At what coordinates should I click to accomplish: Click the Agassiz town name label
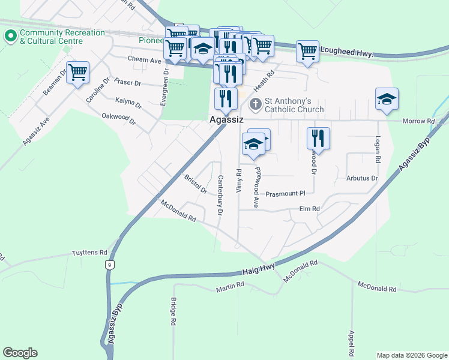tap(226, 120)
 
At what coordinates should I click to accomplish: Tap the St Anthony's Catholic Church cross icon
tap(255, 104)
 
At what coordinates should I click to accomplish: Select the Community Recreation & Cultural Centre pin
tap(10, 36)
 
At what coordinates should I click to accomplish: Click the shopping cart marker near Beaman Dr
tap(77, 73)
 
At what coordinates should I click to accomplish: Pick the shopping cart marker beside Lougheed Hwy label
tap(307, 52)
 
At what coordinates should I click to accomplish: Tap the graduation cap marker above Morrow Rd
tap(387, 100)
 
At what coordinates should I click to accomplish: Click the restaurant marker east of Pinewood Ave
tap(318, 139)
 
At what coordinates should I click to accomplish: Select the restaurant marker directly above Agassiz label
tap(226, 99)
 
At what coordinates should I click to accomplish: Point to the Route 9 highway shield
tap(109, 265)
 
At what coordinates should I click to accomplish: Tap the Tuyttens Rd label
tap(89, 253)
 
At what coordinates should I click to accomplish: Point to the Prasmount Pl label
tap(286, 194)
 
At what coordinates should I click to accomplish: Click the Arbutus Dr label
tap(362, 178)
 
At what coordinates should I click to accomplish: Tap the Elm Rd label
tap(310, 209)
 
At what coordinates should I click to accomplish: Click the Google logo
tap(20, 353)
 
